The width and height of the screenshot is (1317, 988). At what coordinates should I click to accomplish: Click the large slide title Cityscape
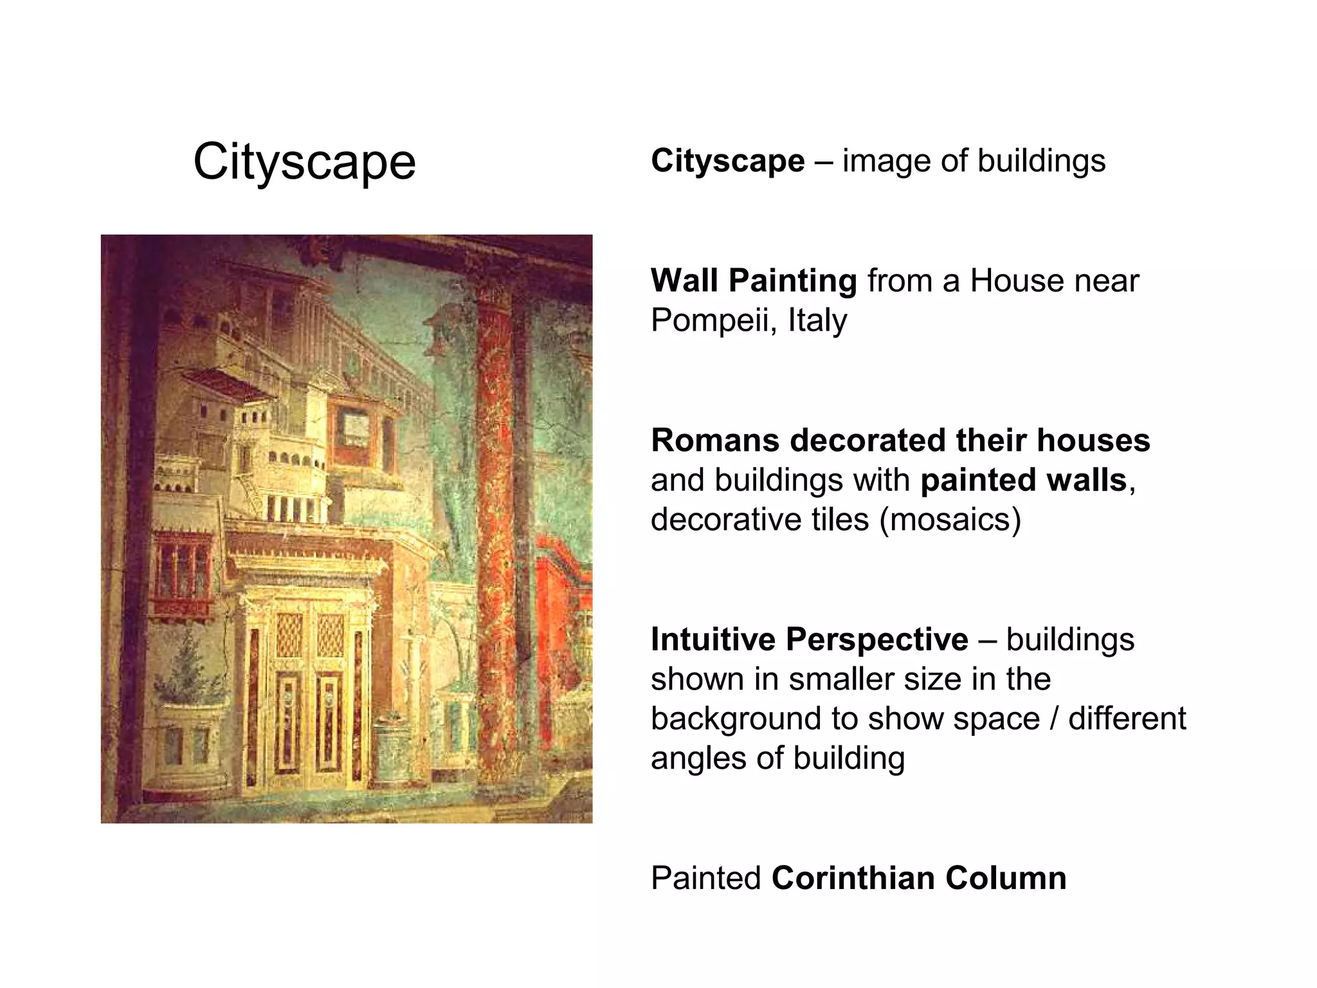coord(304,162)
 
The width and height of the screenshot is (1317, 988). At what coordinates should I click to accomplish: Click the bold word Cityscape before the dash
coord(727,161)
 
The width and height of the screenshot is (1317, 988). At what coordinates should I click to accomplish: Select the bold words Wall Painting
coord(754,281)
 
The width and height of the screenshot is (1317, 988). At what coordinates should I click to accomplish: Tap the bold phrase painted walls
coord(1023,480)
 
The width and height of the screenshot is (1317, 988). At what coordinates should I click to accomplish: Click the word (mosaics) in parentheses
coord(950,520)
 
